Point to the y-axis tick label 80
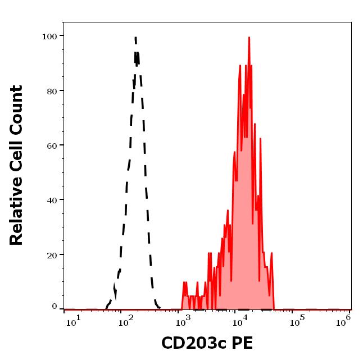[52, 90]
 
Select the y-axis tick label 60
[52, 145]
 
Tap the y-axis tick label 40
[52, 200]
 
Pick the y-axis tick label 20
[52, 254]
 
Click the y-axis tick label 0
[55, 307]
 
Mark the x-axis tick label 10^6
[344, 319]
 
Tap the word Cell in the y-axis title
[17, 158]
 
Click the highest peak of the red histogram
[248, 38]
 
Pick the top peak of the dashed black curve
[135, 38]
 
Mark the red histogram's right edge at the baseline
[274, 308]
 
